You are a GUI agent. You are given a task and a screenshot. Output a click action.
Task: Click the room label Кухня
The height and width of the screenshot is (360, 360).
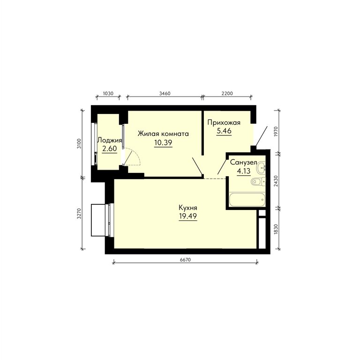click(x=188, y=208)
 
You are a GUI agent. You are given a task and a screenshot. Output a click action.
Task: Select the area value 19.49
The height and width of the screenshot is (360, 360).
click(x=188, y=216)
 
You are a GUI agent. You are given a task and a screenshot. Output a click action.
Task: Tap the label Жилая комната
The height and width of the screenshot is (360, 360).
click(x=163, y=134)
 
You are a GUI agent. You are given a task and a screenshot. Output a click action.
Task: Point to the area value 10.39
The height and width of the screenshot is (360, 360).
click(x=163, y=142)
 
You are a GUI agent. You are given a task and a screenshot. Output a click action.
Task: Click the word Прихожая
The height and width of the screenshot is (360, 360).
click(x=224, y=123)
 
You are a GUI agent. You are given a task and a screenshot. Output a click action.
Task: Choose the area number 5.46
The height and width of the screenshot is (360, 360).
click(x=224, y=131)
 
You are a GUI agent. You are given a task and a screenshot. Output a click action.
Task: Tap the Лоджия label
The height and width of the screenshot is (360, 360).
click(x=110, y=140)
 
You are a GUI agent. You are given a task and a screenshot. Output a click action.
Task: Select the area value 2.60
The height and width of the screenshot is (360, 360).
click(x=110, y=149)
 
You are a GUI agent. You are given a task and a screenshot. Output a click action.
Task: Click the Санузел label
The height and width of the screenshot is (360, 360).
click(x=243, y=163)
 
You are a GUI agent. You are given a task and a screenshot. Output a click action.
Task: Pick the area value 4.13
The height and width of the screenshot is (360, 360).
click(x=243, y=171)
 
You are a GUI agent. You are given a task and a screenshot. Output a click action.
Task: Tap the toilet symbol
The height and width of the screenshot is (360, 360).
click(x=258, y=182)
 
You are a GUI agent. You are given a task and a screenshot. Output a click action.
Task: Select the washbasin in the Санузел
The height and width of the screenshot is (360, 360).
click(x=261, y=167)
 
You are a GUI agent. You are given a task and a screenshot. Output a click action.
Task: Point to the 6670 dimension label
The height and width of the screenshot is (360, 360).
click(x=186, y=260)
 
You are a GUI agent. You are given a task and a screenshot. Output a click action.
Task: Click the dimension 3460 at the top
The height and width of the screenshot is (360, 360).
click(x=165, y=93)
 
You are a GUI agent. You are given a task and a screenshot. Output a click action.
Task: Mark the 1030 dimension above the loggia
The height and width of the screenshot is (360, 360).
click(x=108, y=93)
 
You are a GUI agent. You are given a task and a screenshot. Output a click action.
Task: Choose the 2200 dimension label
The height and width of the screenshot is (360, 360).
click(x=227, y=93)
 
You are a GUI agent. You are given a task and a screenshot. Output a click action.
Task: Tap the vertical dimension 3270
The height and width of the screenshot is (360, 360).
click(x=79, y=214)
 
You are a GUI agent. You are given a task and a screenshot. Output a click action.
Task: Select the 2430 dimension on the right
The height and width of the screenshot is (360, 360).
click(x=276, y=181)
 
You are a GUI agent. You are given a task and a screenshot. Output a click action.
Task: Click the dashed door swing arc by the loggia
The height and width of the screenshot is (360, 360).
click(x=135, y=154)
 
